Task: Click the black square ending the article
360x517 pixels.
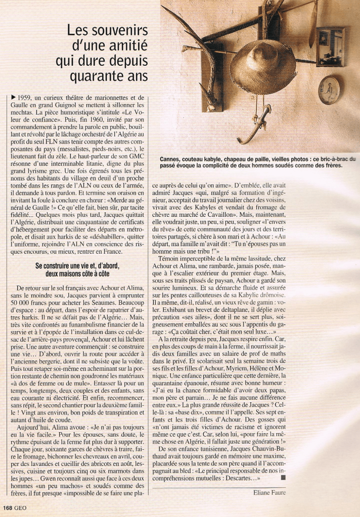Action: click(283, 477)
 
